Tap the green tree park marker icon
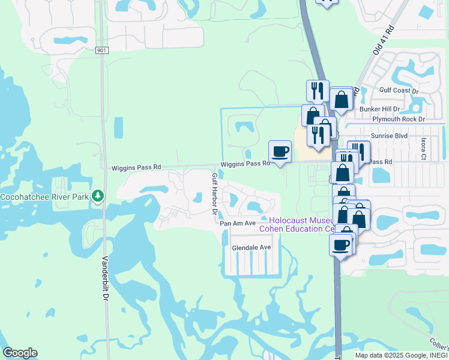tap(97, 196)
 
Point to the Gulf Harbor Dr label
tap(214, 194)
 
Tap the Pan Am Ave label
tap(238, 223)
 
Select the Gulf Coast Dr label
tap(399, 91)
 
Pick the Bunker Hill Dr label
tap(379, 109)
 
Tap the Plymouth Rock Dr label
tap(398, 119)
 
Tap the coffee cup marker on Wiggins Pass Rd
tap(280, 151)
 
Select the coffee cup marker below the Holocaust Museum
tap(341, 245)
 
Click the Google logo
tap(20, 353)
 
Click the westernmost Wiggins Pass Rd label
tap(136, 169)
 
